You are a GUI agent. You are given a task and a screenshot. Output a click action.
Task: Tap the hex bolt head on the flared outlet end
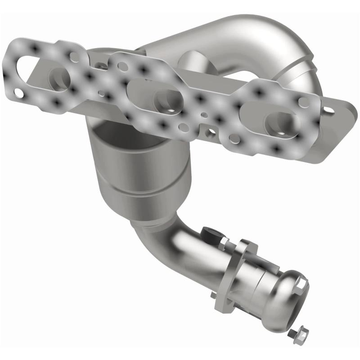coord(301,283)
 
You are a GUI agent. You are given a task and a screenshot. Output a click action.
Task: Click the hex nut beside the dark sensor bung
coord(223,243)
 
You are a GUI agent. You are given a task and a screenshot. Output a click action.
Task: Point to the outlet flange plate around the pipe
coord(245,265)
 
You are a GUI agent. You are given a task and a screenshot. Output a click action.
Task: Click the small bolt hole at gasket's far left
coord(18,93)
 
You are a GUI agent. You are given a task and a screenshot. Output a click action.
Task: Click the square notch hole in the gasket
coord(210,134)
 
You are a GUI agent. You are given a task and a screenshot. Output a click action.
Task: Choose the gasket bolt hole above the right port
coord(304,102)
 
